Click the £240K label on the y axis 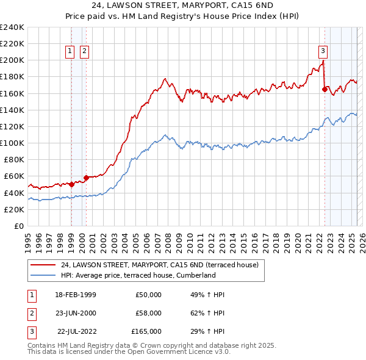[x=12, y=27]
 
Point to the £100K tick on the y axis [x=12, y=143]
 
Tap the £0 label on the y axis [x=18, y=226]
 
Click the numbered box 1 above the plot [x=71, y=51]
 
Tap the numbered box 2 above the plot [x=84, y=51]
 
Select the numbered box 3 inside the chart [x=323, y=51]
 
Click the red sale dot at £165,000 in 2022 [x=325, y=90]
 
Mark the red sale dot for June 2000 [x=86, y=178]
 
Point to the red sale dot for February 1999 [x=71, y=184]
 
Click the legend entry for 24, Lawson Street [x=160, y=265]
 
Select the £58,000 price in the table [x=148, y=313]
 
